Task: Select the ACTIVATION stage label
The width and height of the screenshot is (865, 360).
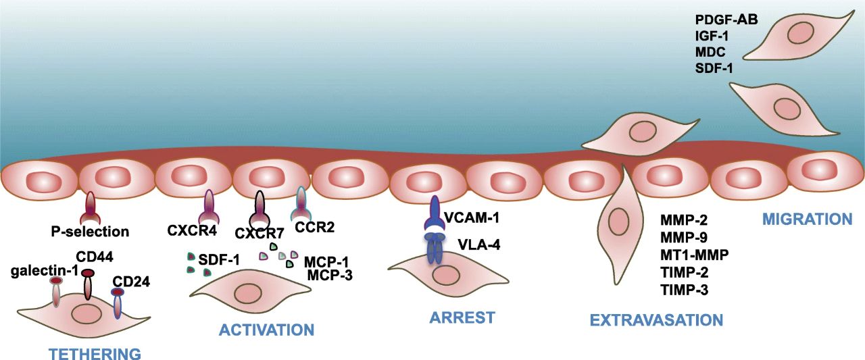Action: (x=266, y=330)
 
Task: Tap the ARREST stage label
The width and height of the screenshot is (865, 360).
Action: (x=462, y=317)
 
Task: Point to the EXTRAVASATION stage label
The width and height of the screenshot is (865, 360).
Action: (x=656, y=319)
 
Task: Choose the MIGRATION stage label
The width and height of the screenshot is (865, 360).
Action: (x=806, y=220)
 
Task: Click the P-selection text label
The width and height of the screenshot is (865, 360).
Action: (x=90, y=232)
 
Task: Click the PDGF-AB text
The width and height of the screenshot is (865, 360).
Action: (x=726, y=20)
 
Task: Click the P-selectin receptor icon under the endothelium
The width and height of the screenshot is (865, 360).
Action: (x=90, y=209)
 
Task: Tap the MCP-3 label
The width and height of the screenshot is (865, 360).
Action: (x=329, y=275)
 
